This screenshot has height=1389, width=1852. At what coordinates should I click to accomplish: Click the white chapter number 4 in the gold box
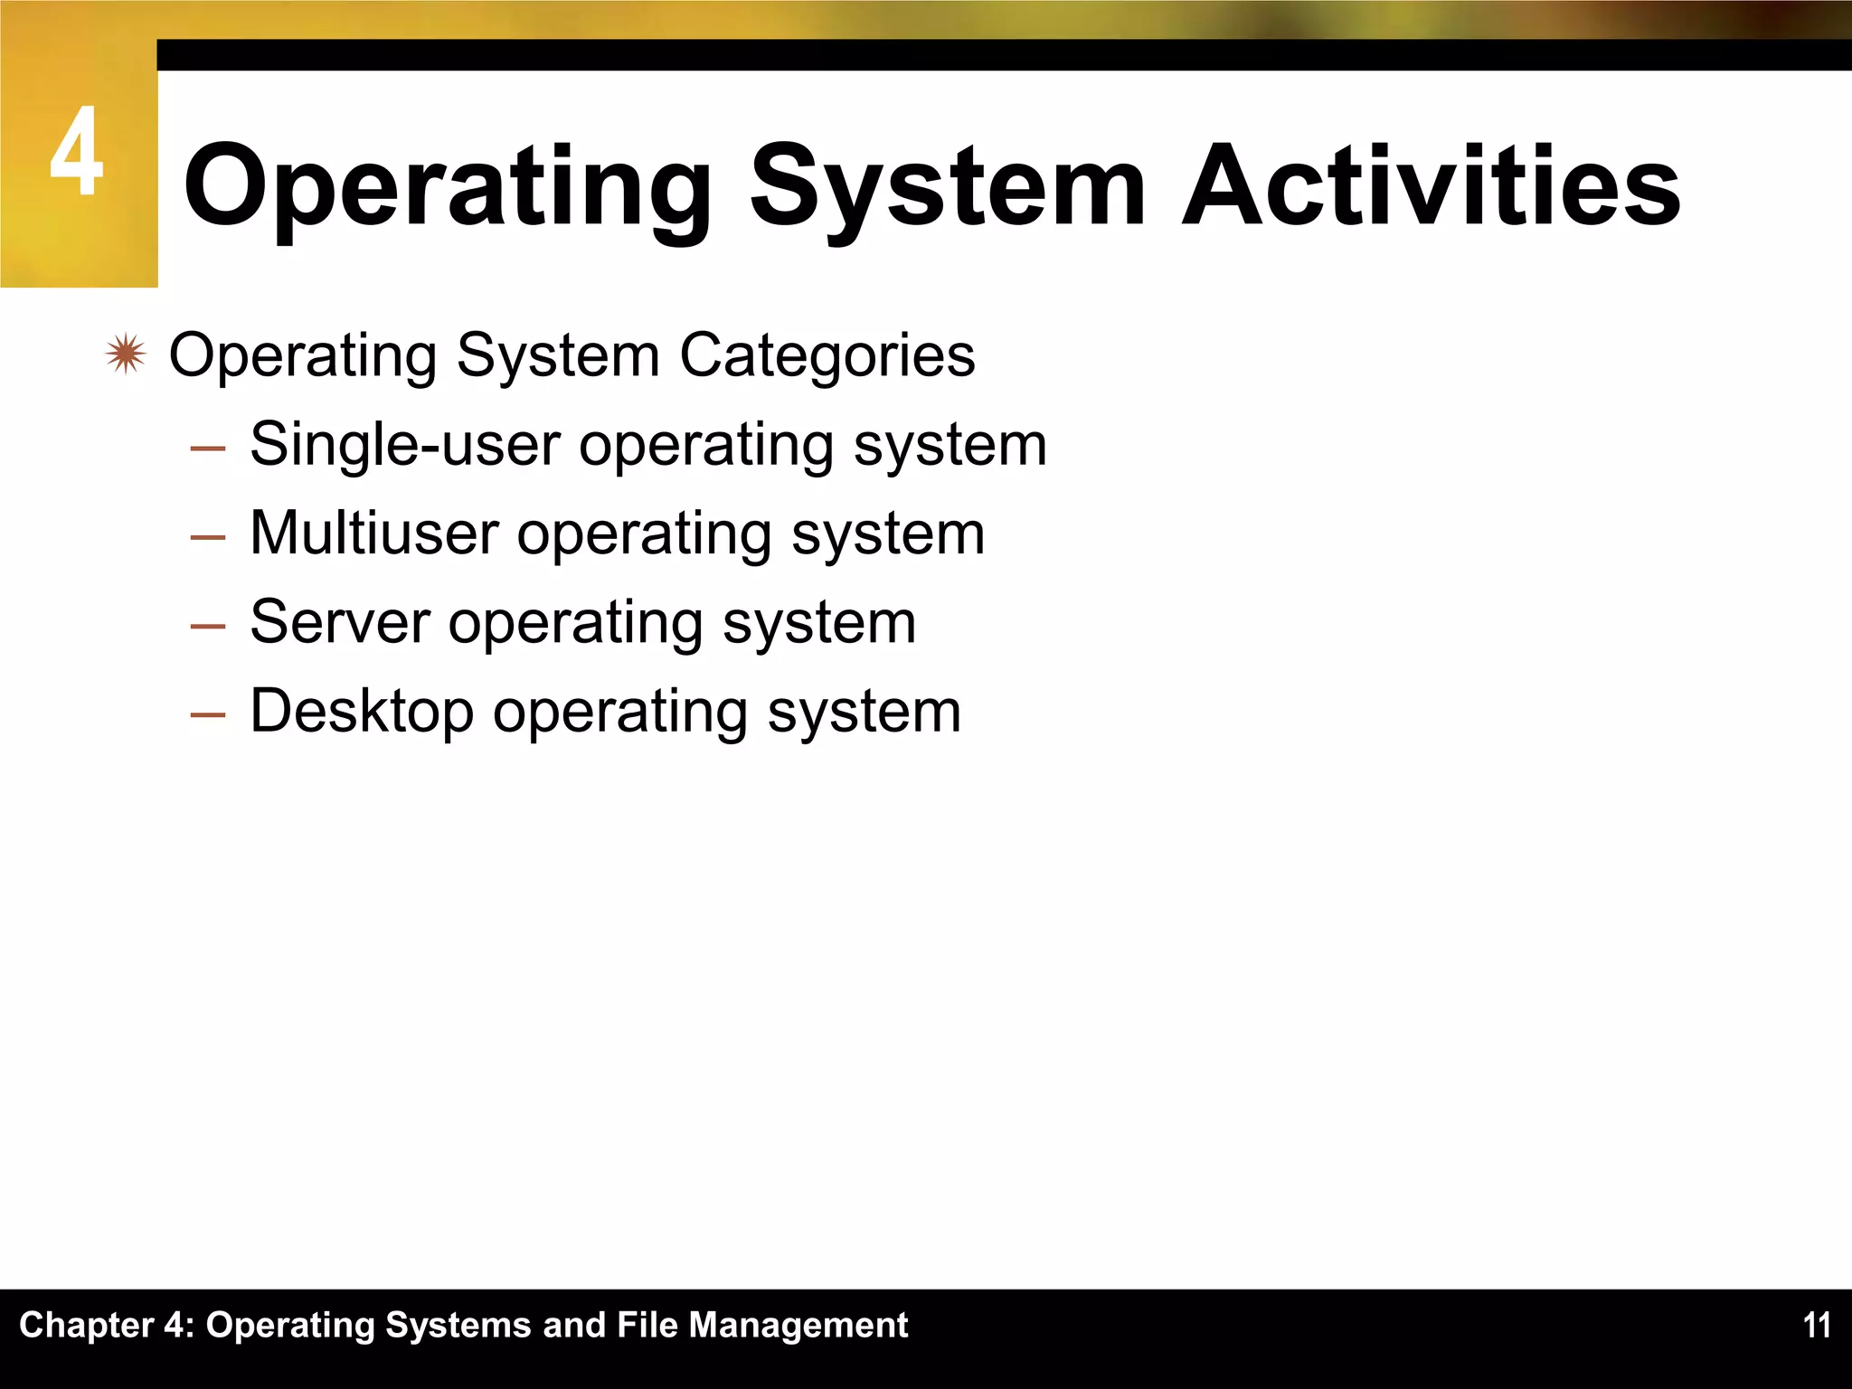76,152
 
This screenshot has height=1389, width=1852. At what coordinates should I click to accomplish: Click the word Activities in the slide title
1431,187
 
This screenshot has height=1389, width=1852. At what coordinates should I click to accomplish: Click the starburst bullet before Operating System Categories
125,354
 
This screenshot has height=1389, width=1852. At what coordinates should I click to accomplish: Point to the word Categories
827,355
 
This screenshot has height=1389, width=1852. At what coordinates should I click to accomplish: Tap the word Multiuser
373,534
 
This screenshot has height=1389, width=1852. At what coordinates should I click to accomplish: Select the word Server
339,622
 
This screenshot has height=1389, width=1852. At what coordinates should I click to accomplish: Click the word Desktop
362,712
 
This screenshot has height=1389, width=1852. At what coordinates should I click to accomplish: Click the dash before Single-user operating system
208,448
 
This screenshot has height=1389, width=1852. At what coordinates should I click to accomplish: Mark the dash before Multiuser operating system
208,536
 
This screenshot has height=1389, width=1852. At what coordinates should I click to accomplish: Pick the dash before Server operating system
208,625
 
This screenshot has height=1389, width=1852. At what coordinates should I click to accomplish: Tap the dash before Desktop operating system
208,714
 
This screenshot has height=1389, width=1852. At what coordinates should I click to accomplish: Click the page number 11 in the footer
1816,1325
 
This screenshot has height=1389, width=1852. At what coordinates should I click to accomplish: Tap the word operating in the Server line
575,624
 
